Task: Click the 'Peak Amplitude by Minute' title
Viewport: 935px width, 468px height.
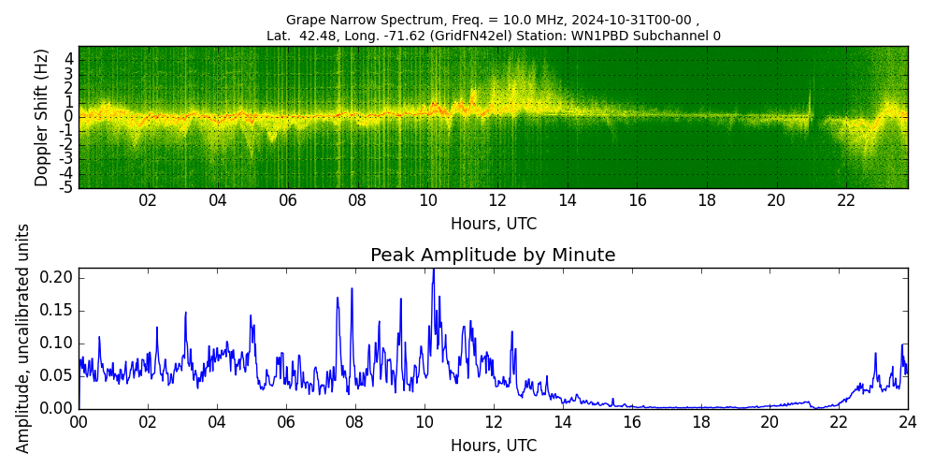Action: (493, 255)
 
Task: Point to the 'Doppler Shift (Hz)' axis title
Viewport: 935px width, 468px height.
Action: (42, 118)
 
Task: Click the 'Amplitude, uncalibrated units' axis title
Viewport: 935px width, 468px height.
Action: (23, 338)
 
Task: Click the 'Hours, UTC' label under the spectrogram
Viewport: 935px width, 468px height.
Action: (493, 224)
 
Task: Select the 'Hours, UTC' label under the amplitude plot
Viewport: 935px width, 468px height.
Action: (493, 446)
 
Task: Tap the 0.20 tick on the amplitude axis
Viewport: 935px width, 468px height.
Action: (58, 277)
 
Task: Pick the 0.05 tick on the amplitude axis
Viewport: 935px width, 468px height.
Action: (58, 375)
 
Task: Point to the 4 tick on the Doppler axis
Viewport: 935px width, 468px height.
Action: (69, 58)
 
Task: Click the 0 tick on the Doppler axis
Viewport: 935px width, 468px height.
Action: (69, 116)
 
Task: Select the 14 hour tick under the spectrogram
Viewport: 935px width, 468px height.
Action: (568, 200)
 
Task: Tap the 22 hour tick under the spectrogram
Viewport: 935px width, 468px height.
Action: (846, 200)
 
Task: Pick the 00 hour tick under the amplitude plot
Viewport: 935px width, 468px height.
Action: (79, 422)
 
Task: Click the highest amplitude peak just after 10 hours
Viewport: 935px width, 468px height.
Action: (433, 271)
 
